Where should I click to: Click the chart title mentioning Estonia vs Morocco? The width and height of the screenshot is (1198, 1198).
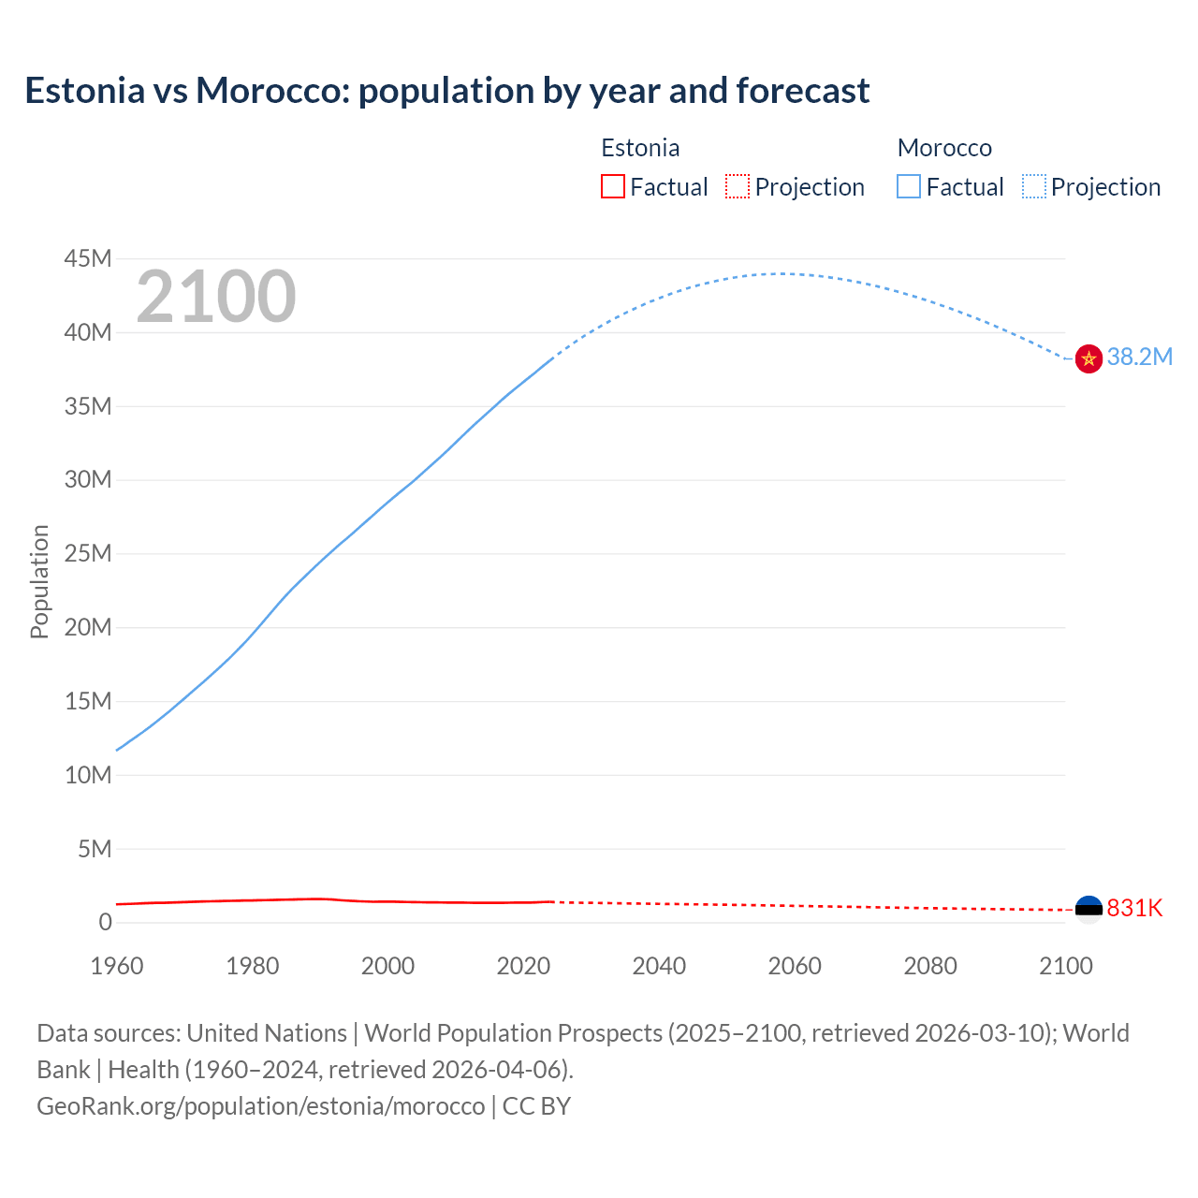click(446, 91)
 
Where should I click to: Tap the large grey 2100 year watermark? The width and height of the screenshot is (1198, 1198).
click(216, 297)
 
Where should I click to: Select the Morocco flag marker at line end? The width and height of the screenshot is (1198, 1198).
click(1088, 358)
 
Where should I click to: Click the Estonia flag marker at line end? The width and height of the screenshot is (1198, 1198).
click(1088, 909)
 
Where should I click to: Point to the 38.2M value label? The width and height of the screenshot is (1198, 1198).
click(1139, 357)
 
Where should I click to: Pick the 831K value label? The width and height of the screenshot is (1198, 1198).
click(1134, 908)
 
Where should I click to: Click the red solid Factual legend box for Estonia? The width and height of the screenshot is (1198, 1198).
click(613, 187)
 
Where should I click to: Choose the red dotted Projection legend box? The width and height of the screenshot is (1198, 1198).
click(738, 187)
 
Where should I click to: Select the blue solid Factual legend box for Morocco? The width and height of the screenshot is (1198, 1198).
click(909, 187)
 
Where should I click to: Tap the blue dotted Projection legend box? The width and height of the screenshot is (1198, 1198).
click(1034, 187)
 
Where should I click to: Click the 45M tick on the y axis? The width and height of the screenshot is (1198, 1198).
click(88, 258)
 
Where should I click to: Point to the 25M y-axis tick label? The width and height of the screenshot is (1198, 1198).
click(88, 553)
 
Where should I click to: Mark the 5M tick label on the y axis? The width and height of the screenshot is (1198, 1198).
click(95, 849)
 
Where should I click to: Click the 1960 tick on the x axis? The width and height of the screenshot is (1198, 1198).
click(117, 966)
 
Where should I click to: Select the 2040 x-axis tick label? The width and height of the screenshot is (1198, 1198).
click(659, 966)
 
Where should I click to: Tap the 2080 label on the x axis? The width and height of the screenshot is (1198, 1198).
click(930, 966)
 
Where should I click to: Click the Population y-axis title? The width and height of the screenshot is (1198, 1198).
click(39, 581)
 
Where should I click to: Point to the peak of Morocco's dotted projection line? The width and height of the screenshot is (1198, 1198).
click(780, 273)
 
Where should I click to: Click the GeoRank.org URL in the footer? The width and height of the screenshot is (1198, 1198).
click(260, 1106)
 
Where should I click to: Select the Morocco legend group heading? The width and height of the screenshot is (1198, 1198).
click(944, 148)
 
